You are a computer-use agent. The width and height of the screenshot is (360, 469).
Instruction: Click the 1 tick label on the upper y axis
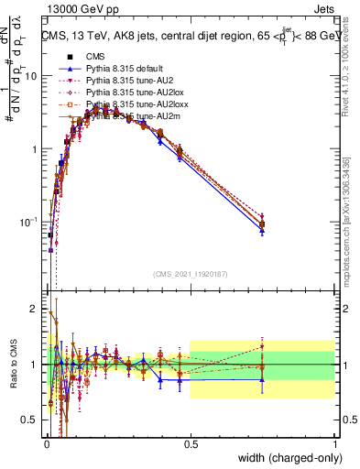click(x=36, y=148)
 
